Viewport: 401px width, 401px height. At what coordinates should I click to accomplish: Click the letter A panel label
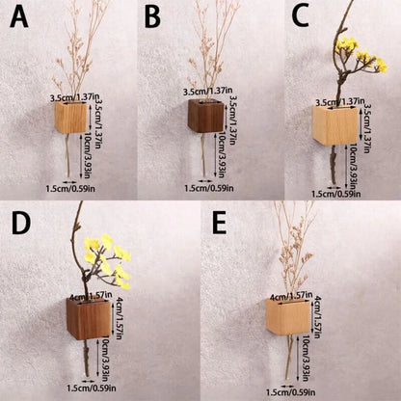pyautogui.click(x=19, y=16)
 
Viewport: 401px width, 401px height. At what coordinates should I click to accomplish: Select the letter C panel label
pyautogui.click(x=286, y=16)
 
